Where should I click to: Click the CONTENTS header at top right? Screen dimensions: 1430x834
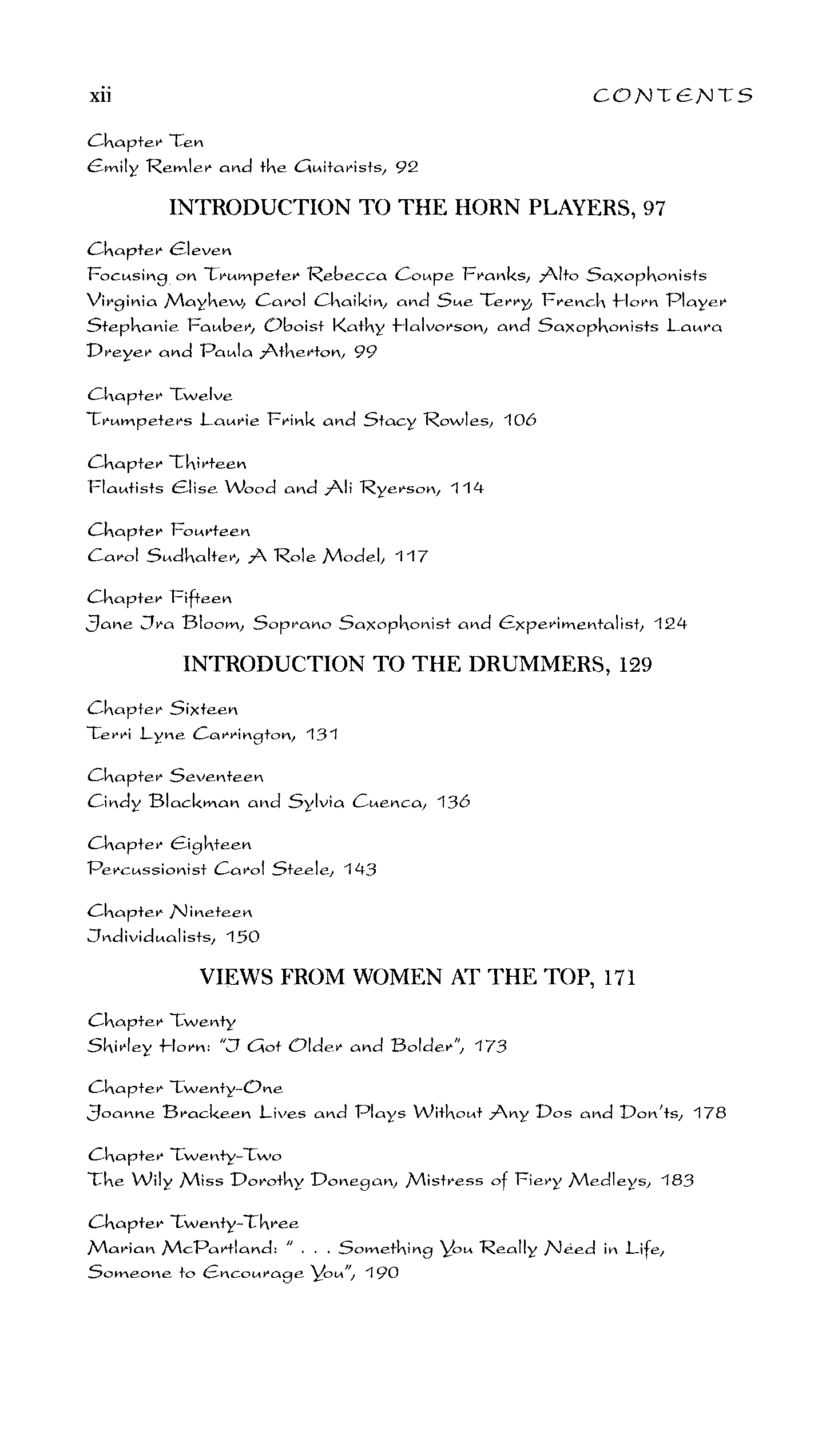[673, 96]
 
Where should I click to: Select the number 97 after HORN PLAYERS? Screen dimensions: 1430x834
[654, 208]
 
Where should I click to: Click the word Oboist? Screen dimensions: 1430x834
[297, 326]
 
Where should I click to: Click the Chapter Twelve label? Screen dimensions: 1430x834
[160, 395]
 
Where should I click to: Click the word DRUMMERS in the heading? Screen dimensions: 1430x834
[536, 664]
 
